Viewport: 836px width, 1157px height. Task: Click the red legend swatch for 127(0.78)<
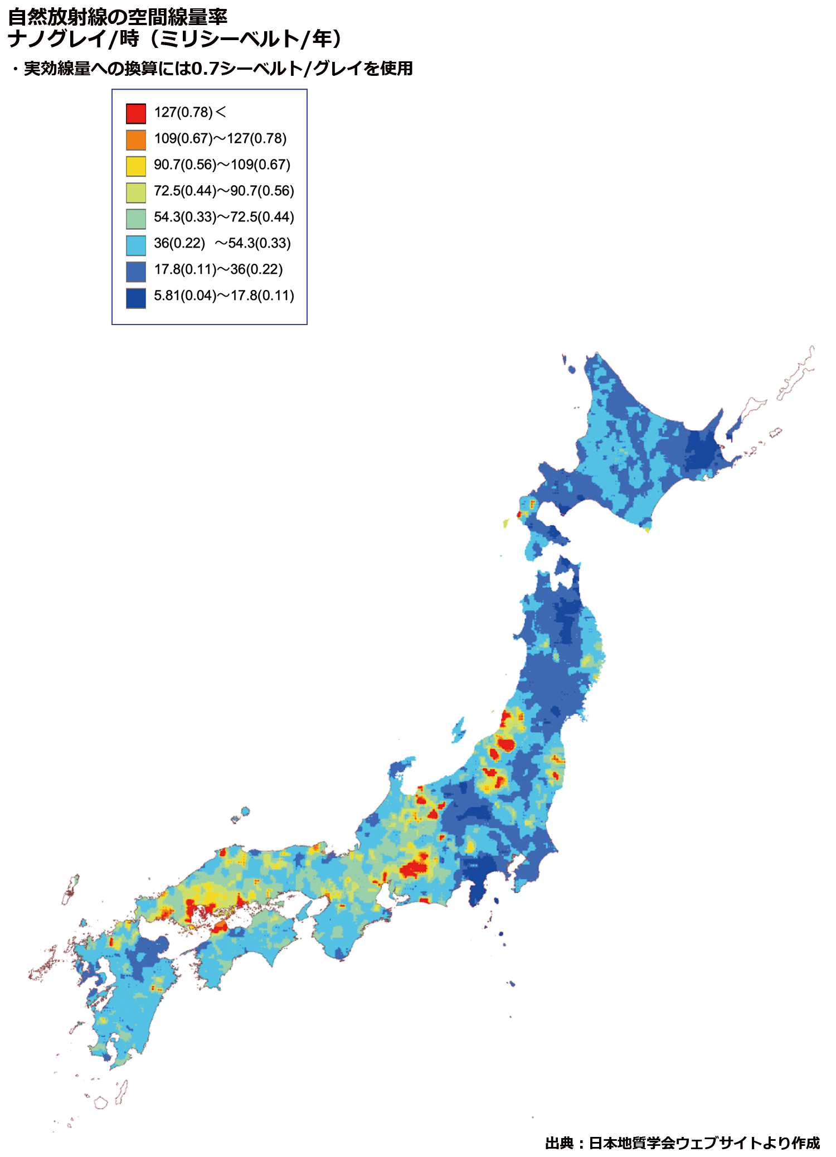(136, 113)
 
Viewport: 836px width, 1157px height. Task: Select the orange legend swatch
(136, 139)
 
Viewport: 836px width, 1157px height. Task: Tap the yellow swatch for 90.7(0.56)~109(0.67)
(136, 166)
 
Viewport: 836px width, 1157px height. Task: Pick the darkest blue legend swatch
(136, 298)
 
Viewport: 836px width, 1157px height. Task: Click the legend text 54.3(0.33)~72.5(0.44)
(223, 217)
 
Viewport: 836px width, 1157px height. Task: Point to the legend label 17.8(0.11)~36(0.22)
(218, 269)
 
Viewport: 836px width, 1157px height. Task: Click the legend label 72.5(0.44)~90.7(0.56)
(223, 191)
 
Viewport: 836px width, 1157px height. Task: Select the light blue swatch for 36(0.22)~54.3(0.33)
(136, 245)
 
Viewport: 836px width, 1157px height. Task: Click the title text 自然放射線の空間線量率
(118, 17)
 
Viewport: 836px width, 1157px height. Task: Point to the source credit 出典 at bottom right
(559, 1143)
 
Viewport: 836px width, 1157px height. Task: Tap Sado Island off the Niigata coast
(459, 728)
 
